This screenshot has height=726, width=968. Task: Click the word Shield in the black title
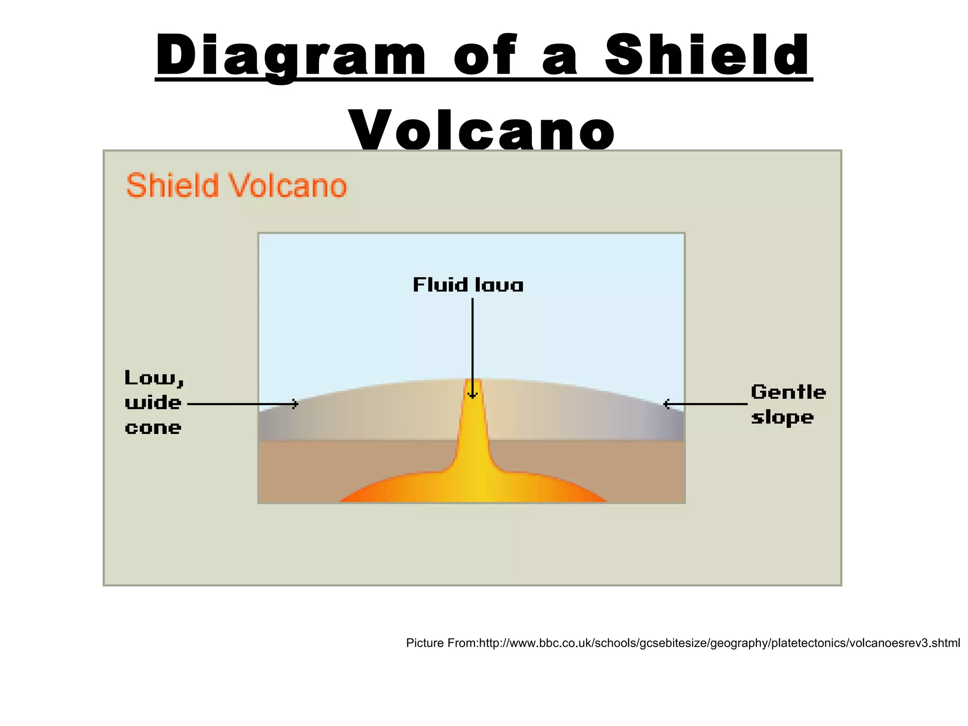[x=708, y=56]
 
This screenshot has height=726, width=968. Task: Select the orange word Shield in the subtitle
[x=173, y=185]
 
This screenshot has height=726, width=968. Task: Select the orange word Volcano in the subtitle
[x=288, y=185]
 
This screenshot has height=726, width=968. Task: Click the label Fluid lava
[x=468, y=285]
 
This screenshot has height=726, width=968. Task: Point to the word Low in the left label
[x=154, y=378]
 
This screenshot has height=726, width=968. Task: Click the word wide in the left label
[x=153, y=403]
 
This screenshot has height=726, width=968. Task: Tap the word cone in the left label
[x=153, y=428]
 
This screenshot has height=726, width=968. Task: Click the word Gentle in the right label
[x=788, y=392]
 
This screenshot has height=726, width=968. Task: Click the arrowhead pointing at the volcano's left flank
[x=295, y=404]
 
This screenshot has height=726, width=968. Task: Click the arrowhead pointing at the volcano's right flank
[x=666, y=404]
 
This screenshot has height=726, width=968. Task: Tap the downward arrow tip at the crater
[x=472, y=396]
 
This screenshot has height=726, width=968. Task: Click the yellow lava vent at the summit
[x=473, y=385]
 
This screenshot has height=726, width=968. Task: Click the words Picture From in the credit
[x=442, y=643]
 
